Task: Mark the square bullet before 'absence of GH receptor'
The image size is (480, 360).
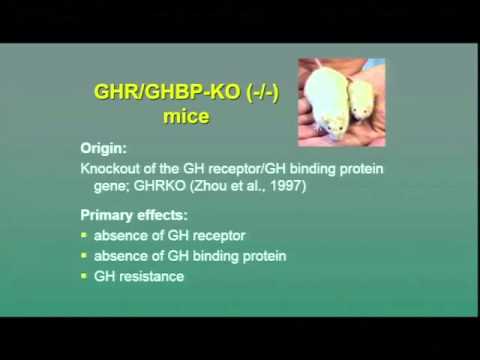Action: point(85,236)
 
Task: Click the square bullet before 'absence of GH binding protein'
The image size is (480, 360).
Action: point(85,256)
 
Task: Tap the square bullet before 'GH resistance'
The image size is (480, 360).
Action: point(85,277)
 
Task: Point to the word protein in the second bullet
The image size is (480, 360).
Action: point(263,256)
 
